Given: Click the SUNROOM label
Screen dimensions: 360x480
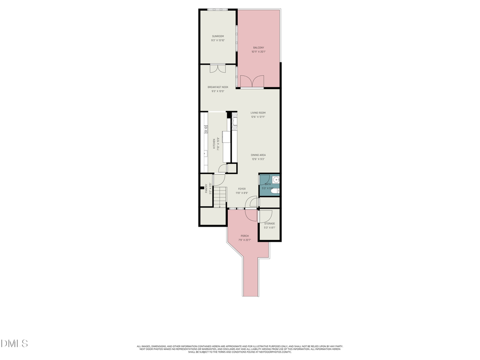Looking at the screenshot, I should coord(218,36).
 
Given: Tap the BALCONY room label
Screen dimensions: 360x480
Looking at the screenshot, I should coord(259,48).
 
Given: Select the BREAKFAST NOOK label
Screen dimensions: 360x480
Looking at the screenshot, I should coord(218,87).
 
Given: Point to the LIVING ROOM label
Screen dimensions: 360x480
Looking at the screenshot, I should coord(258,113).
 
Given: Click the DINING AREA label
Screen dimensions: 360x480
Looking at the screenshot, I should coord(259,155).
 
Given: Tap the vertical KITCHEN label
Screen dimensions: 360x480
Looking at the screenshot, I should coord(214,143).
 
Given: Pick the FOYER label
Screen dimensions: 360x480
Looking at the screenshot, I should coord(242,189).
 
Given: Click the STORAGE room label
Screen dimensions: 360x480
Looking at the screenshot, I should coord(269,223).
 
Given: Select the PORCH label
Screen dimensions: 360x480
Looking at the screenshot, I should coord(245,236).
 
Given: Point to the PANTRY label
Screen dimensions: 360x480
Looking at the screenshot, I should coord(206,188).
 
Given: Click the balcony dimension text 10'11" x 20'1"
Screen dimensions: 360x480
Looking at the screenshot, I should coord(259,52).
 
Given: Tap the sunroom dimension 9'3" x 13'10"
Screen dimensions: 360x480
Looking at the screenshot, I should coord(218,40).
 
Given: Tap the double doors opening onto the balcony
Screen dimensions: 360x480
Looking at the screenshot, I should coord(252,81).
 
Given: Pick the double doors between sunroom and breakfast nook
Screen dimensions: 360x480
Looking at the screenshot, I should coord(218,68).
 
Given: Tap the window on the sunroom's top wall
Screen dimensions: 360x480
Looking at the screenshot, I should coord(218,9).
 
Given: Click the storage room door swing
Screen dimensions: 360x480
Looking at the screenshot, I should coord(263,215).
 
